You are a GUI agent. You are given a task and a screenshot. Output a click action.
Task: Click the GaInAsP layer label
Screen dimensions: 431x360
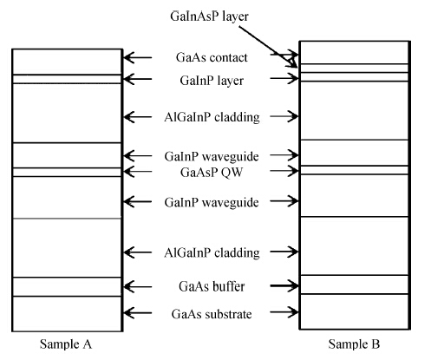(209, 16)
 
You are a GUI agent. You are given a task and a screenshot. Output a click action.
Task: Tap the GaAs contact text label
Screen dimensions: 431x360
(212, 57)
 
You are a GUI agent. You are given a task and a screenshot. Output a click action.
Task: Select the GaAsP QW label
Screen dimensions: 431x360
(212, 173)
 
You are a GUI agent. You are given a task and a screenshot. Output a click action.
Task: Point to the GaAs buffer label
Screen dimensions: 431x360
(212, 286)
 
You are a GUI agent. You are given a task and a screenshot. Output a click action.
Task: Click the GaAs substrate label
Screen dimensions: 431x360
(212, 314)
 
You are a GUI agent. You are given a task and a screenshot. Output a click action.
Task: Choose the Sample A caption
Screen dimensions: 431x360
(66, 344)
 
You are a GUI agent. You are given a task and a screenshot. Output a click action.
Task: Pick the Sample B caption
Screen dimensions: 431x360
(354, 344)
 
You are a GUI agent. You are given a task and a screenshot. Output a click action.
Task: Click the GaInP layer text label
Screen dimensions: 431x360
(212, 81)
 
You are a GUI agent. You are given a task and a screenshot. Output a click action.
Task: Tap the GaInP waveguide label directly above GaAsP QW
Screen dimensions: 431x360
(212, 156)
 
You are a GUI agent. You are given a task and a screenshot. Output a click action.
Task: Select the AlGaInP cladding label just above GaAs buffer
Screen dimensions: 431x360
(212, 252)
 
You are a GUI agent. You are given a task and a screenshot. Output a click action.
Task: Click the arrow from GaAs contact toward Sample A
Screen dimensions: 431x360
(138, 57)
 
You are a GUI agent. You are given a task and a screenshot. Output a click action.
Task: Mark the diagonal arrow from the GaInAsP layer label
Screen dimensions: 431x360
(268, 47)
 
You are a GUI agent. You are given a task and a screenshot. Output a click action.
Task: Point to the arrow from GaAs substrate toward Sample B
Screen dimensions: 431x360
(284, 312)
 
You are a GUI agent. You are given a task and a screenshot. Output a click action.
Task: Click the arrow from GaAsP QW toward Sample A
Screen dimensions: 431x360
(138, 172)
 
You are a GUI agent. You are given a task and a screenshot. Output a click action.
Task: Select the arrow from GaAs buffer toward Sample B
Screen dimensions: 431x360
(284, 285)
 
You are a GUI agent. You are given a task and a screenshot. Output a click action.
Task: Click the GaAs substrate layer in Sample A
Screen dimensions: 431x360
(67, 314)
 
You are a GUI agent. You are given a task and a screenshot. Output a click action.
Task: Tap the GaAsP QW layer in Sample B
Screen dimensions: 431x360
(355, 170)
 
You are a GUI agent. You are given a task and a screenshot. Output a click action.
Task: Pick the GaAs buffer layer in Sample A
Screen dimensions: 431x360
(67, 287)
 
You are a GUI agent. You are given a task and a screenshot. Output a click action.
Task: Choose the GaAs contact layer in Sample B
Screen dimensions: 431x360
(355, 53)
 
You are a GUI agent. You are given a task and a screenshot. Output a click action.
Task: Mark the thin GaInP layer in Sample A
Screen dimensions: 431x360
(67, 79)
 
